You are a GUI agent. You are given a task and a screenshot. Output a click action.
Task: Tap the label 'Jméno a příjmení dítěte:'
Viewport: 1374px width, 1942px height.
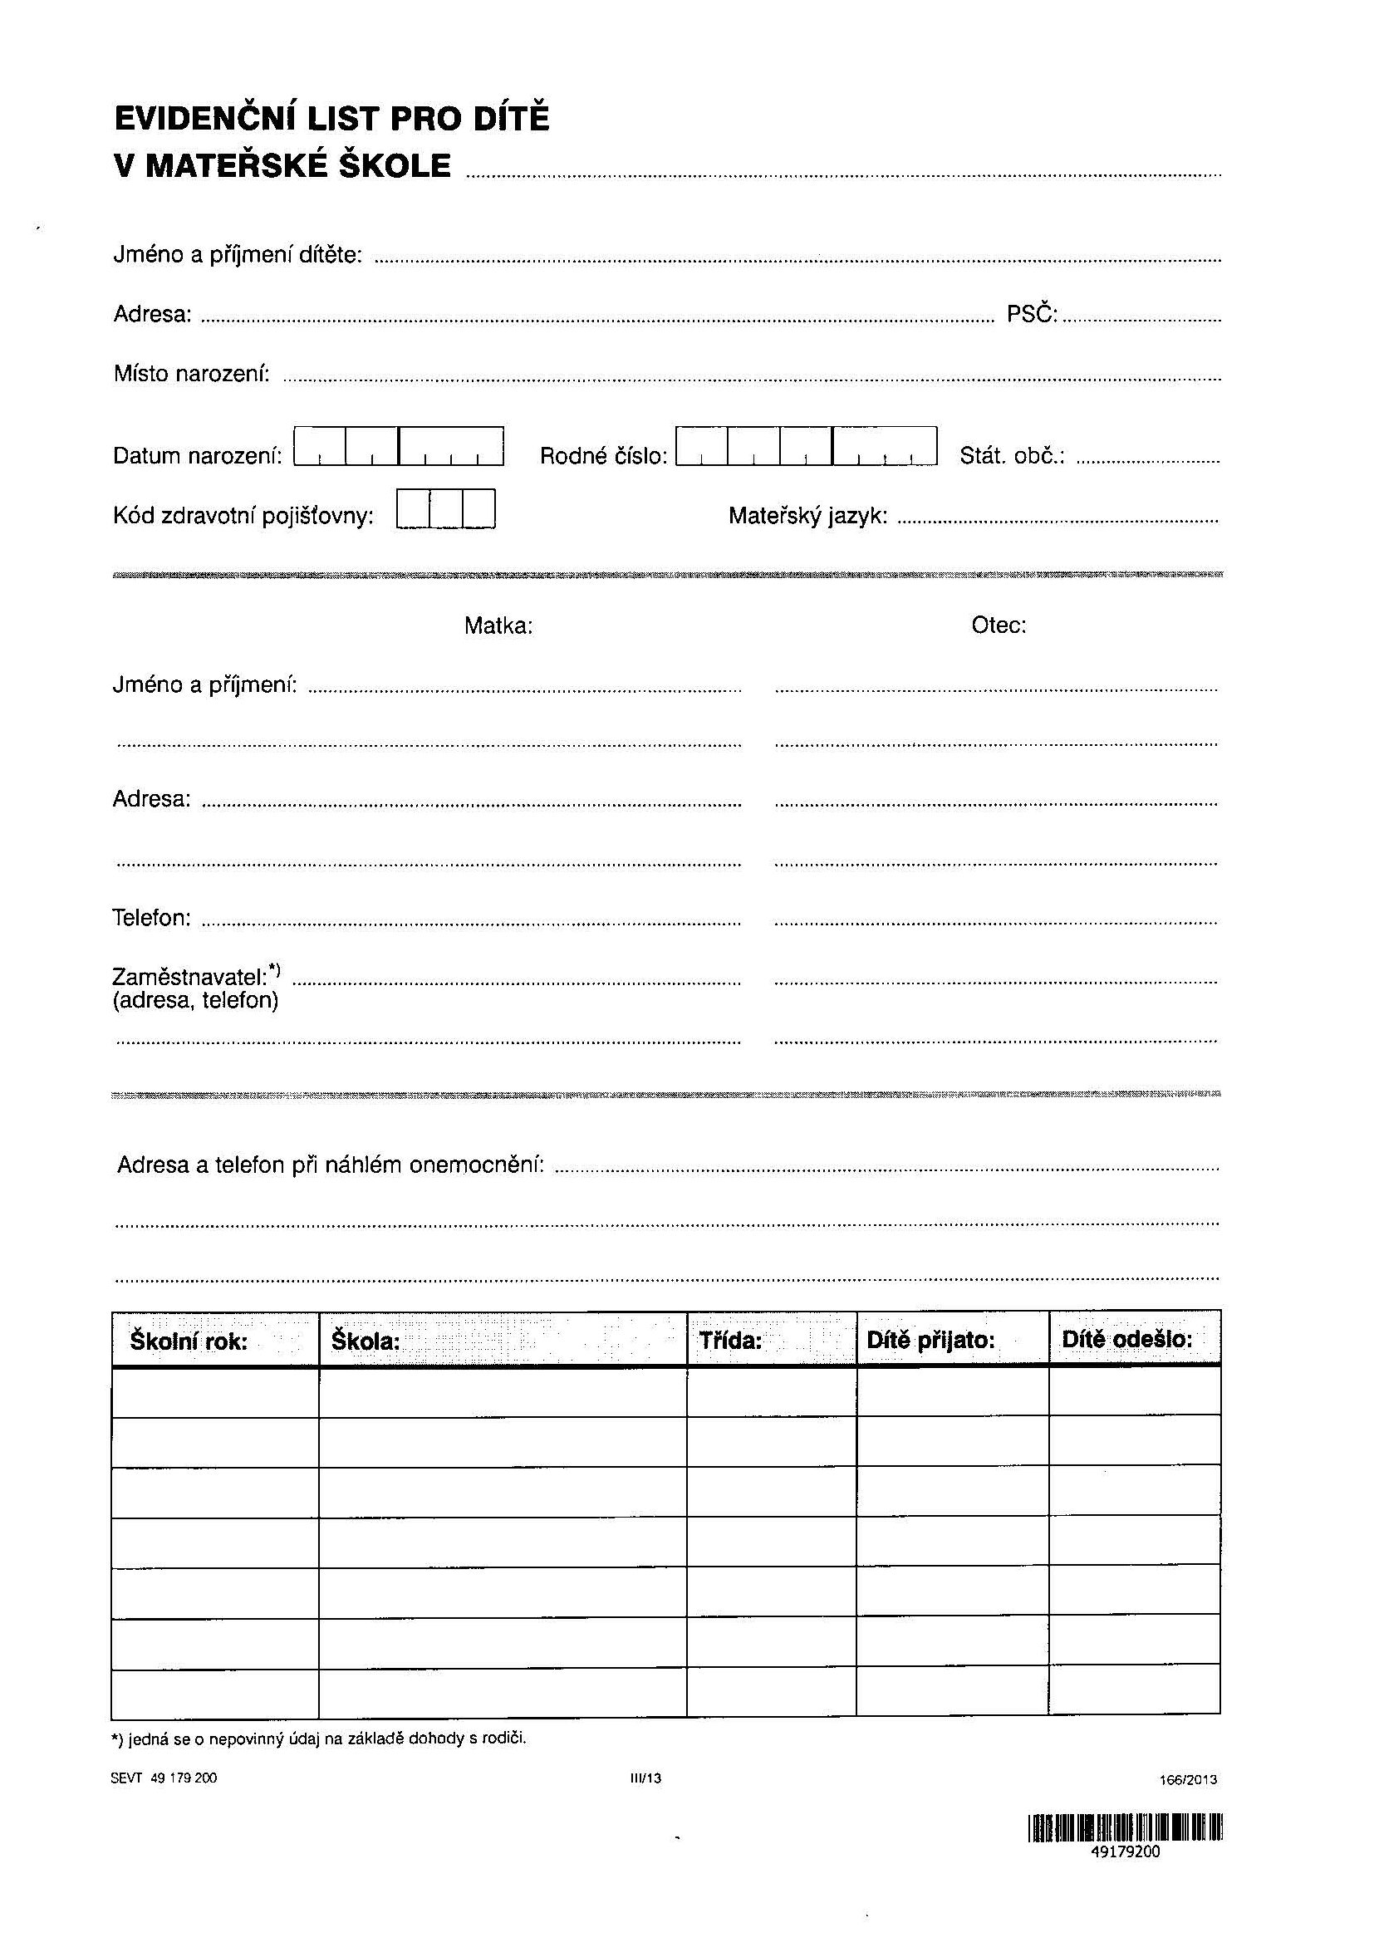coord(238,255)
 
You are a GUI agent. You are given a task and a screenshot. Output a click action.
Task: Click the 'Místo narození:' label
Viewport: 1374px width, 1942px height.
coord(192,373)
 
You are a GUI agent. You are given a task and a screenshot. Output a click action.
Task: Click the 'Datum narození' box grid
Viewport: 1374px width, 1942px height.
coord(399,446)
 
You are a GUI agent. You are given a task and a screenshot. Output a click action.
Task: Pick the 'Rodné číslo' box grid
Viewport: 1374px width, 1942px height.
coord(807,446)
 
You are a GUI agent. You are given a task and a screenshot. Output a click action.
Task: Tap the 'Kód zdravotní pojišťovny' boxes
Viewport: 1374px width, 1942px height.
coord(445,508)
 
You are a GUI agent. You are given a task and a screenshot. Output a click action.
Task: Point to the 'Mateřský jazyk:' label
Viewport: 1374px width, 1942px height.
coord(808,515)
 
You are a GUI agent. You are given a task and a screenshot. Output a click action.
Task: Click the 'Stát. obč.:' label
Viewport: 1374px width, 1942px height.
coord(1012,456)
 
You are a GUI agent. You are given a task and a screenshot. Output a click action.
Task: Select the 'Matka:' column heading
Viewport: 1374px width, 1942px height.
coord(498,626)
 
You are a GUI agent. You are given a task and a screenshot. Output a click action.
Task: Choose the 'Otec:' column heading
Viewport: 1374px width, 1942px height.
coord(999,625)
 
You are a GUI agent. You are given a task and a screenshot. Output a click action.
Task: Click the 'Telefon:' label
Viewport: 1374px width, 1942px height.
coord(151,918)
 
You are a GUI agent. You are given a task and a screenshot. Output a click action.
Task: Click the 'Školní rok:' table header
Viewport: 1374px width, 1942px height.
coord(189,1341)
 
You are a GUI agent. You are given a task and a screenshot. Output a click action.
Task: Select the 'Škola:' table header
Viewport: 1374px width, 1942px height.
coord(366,1341)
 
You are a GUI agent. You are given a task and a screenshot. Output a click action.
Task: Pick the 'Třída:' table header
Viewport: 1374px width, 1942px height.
coord(731,1341)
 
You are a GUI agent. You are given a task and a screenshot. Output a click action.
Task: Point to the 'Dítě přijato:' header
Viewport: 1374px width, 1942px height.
coord(930,1341)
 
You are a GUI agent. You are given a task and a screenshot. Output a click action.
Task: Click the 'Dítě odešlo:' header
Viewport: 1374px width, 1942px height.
coord(1127,1340)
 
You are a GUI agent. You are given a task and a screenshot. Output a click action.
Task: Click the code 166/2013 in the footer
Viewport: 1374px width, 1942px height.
coord(1188,1779)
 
